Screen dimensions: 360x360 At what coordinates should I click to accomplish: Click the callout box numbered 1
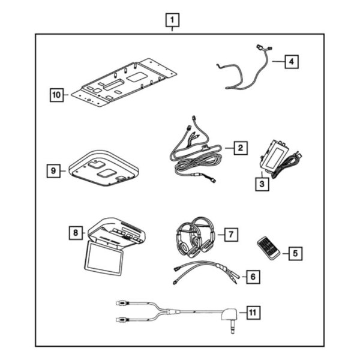pyautogui.click(x=172, y=22)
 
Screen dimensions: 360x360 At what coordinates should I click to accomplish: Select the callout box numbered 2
pyautogui.click(x=239, y=147)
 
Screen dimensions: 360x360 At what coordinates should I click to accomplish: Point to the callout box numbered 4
pyautogui.click(x=290, y=61)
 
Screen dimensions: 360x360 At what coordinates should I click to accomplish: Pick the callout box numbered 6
pyautogui.click(x=253, y=277)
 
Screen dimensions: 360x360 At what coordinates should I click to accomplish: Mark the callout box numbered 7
pyautogui.click(x=230, y=235)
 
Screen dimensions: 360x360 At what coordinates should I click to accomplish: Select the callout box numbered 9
pyautogui.click(x=54, y=171)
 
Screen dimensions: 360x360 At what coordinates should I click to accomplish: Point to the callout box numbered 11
pyautogui.click(x=254, y=312)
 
